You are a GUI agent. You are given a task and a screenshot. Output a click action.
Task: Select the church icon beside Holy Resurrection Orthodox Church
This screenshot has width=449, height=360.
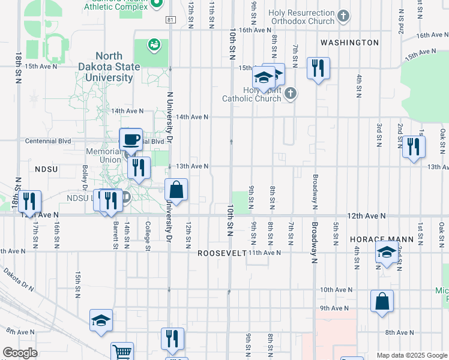(x=343, y=16)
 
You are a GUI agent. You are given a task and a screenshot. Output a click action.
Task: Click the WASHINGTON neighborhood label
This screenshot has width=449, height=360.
(x=349, y=43)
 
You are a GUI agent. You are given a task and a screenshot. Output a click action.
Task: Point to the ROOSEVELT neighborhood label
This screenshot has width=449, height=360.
(x=222, y=253)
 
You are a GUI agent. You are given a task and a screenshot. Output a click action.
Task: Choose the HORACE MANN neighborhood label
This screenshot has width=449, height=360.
(x=382, y=239)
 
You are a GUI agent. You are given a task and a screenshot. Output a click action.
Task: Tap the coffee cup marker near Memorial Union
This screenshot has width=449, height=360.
(x=131, y=140)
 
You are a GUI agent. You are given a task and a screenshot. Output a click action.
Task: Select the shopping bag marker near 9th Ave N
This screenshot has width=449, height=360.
(x=382, y=302)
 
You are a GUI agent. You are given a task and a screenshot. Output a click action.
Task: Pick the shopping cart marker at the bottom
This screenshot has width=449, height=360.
(x=122, y=352)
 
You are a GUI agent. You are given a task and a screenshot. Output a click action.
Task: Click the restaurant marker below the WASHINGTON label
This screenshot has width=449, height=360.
(x=318, y=68)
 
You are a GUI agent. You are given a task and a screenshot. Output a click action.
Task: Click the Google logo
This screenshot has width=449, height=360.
(x=20, y=353)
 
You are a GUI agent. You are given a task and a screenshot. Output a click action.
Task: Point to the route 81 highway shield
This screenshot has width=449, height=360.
(x=172, y=20)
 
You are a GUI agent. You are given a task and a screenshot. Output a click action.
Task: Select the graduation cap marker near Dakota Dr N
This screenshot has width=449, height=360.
(x=101, y=321)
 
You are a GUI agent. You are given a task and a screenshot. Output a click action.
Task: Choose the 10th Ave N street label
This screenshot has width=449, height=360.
(x=335, y=290)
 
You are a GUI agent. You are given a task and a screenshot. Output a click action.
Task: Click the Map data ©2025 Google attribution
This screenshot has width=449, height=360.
(x=411, y=355)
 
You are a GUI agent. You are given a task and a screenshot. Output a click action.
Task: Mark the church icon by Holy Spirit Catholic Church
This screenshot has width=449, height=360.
(x=290, y=93)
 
